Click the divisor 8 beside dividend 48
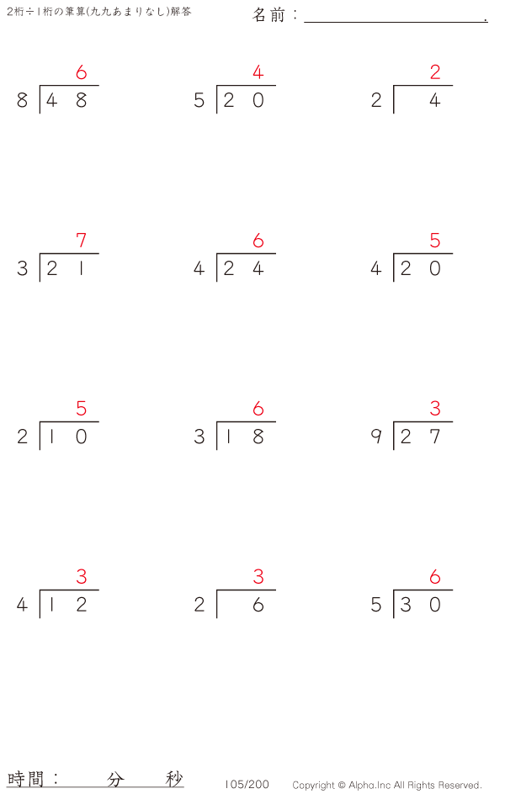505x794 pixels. pyautogui.click(x=22, y=100)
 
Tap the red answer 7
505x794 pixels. pyautogui.click(x=81, y=240)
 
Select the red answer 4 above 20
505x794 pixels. pyautogui.click(x=258, y=71)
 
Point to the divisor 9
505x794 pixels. pyautogui.click(x=376, y=437)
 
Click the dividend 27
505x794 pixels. pyautogui.click(x=420, y=437)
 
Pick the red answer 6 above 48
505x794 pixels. pyautogui.click(x=81, y=72)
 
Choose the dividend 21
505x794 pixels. pyautogui.click(x=66, y=268)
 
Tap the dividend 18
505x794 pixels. pyautogui.click(x=243, y=437)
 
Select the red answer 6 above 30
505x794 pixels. pyautogui.click(x=434, y=577)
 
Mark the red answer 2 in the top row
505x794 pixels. pyautogui.click(x=434, y=71)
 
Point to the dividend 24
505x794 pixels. pyautogui.click(x=243, y=268)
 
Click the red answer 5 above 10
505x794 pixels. pyautogui.click(x=81, y=408)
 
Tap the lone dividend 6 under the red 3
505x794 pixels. pyautogui.click(x=258, y=605)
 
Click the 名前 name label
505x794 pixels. pyautogui.click(x=268, y=15)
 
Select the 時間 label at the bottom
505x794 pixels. pyautogui.click(x=25, y=778)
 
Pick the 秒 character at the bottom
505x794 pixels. pyautogui.click(x=173, y=779)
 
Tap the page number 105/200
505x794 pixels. pyautogui.click(x=247, y=785)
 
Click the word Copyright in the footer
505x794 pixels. pyautogui.click(x=313, y=786)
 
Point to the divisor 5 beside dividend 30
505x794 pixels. pyautogui.click(x=376, y=605)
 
